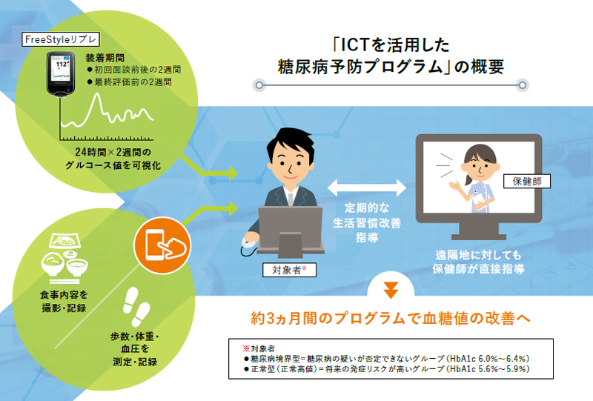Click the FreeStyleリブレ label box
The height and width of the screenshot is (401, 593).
(x=61, y=39)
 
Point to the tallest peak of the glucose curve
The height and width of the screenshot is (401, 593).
(x=98, y=95)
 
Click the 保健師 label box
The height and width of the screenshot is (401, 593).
(x=527, y=181)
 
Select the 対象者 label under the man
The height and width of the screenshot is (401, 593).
(x=289, y=270)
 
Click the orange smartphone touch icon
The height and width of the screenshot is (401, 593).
(x=162, y=245)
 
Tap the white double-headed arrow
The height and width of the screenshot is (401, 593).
(x=367, y=187)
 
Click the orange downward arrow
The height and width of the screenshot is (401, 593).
(x=391, y=290)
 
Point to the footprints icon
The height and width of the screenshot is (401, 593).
(x=136, y=307)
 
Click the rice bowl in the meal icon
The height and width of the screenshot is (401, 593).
(x=53, y=264)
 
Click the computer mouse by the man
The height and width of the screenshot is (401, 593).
(x=250, y=242)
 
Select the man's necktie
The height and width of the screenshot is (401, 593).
(x=290, y=199)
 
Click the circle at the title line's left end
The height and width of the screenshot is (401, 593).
(x=259, y=85)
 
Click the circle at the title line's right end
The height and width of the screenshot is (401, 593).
(x=523, y=85)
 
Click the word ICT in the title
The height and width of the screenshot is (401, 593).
(x=355, y=45)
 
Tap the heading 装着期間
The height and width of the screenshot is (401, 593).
(x=105, y=58)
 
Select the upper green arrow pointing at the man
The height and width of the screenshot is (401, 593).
(x=209, y=166)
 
